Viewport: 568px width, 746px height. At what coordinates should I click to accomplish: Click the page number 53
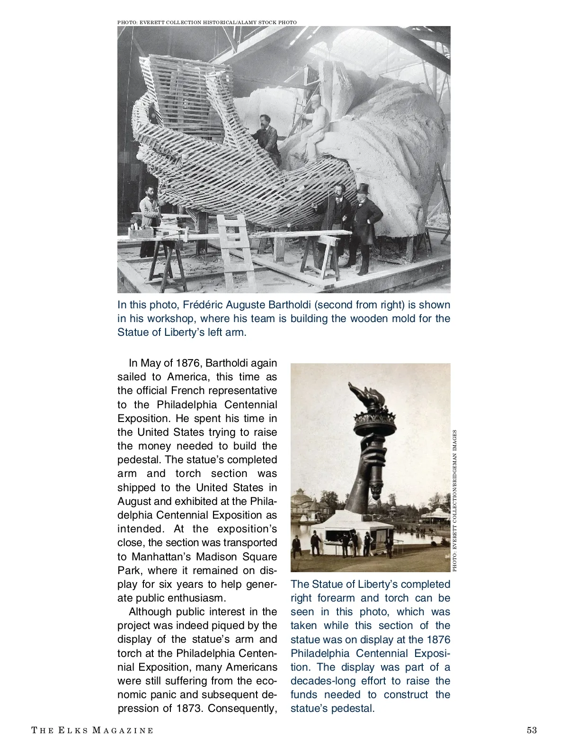click(x=532, y=730)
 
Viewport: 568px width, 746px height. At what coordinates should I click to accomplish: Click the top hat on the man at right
click(x=363, y=189)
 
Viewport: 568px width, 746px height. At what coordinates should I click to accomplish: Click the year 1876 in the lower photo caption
click(x=438, y=639)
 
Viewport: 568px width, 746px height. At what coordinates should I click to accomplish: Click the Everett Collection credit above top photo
click(x=207, y=22)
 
